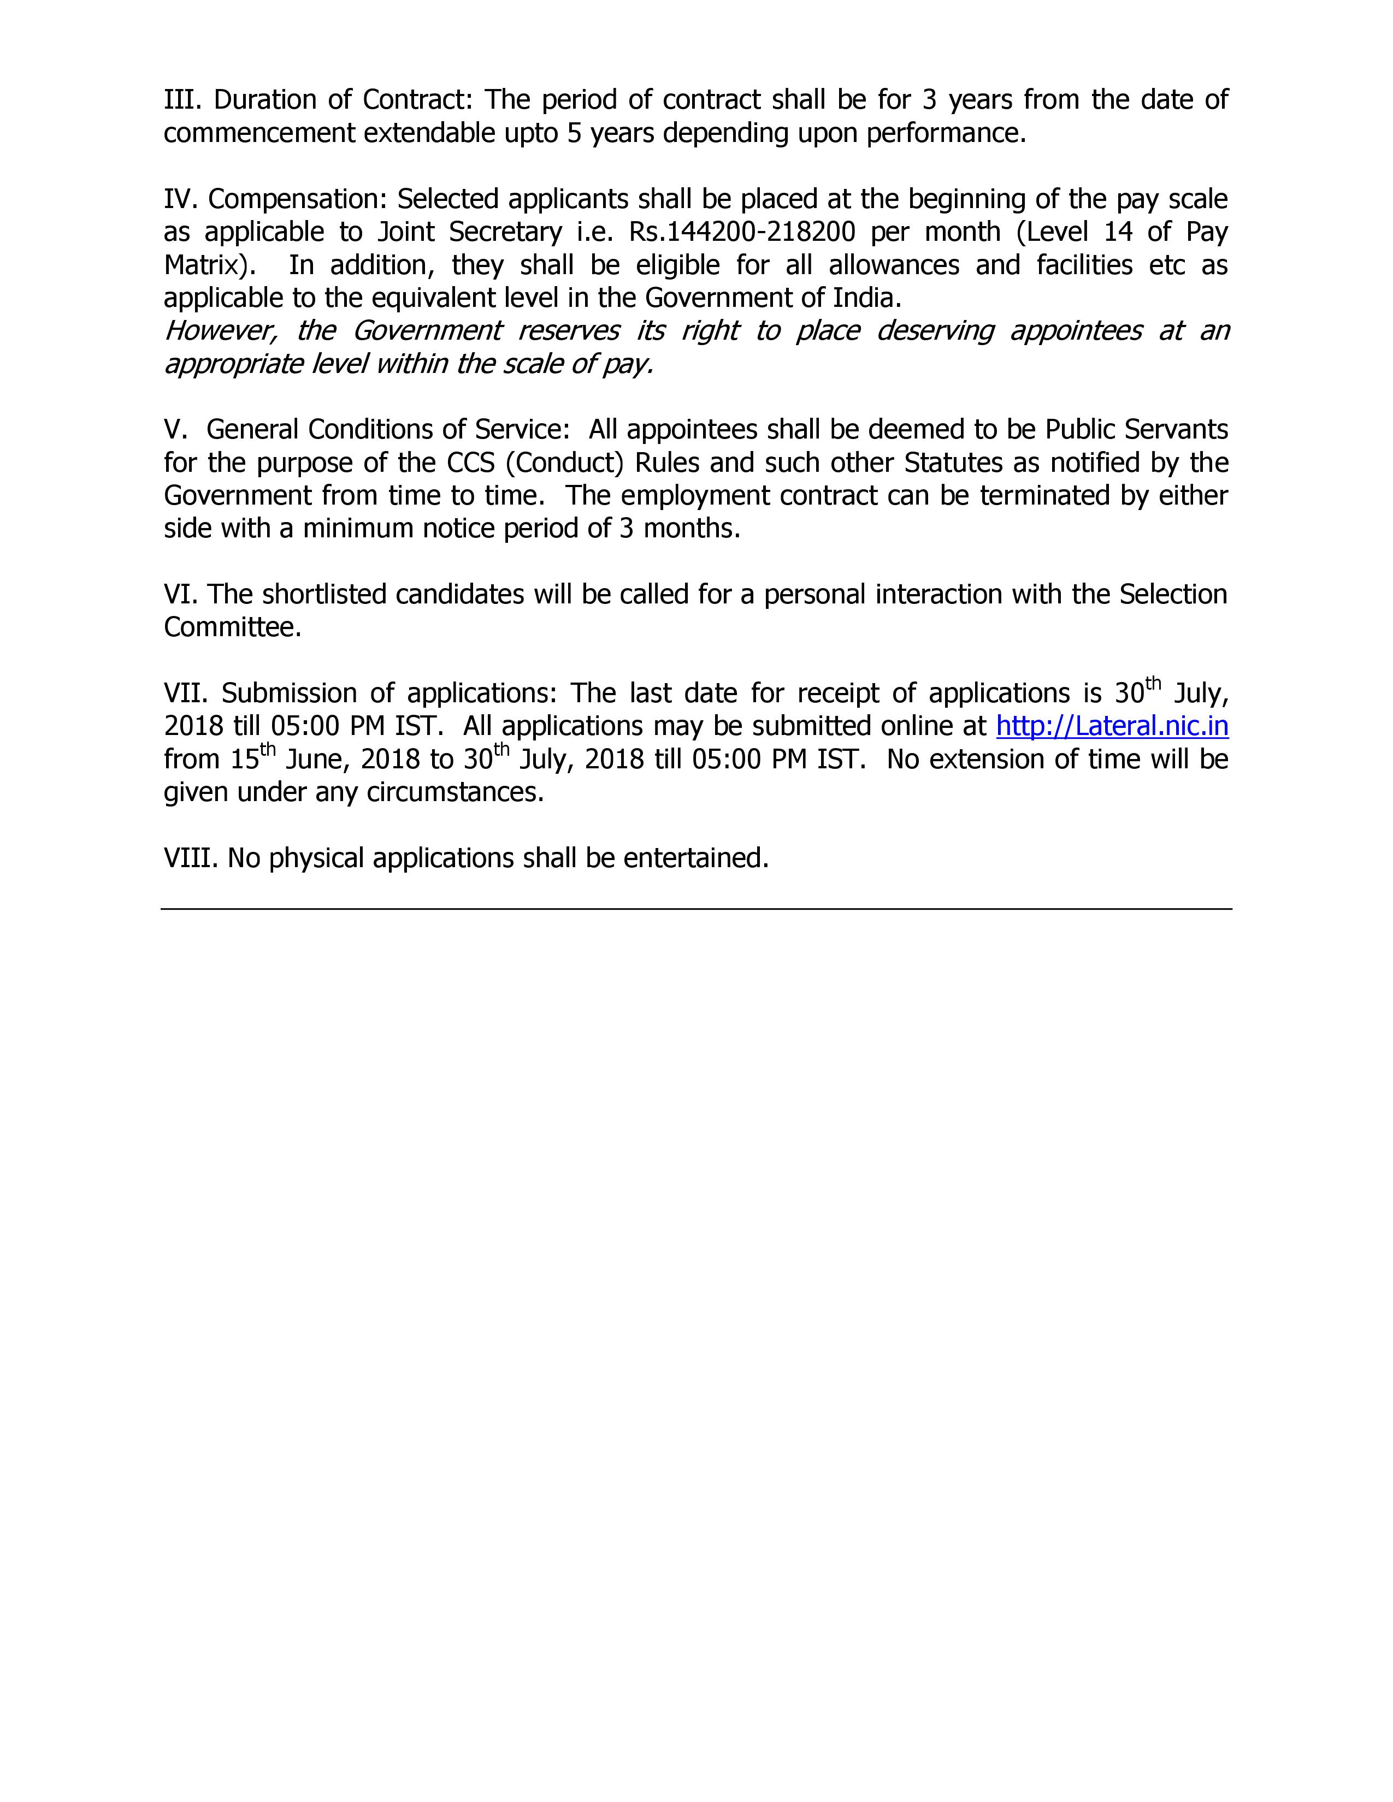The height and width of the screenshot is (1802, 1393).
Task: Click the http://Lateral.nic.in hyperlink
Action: [1112, 726]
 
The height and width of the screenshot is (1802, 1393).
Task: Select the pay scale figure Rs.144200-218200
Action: [742, 232]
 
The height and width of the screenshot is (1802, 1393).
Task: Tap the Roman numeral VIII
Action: [191, 858]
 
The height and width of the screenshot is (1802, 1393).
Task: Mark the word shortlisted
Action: [322, 594]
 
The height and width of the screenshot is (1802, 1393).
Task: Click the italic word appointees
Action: [1075, 331]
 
